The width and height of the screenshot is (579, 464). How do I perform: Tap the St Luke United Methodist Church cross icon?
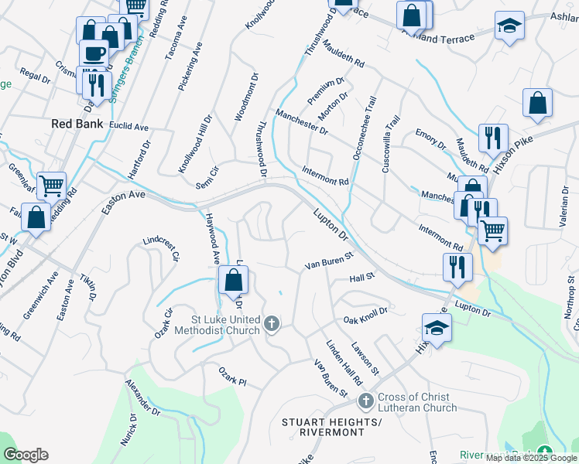[271, 324]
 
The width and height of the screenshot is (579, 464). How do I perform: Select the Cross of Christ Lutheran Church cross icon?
[367, 401]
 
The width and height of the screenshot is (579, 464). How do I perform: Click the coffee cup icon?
[94, 54]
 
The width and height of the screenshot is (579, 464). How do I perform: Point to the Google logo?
[26, 455]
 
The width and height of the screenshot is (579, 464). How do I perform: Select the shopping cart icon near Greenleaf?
[51, 186]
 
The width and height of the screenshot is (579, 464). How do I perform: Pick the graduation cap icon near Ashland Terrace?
[509, 26]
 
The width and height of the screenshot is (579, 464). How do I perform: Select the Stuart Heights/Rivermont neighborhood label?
[333, 427]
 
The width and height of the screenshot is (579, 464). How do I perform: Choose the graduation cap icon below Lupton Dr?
[437, 328]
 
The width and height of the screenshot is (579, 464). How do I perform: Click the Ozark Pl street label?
[231, 382]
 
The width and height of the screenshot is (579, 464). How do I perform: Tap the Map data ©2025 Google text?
[531, 458]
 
